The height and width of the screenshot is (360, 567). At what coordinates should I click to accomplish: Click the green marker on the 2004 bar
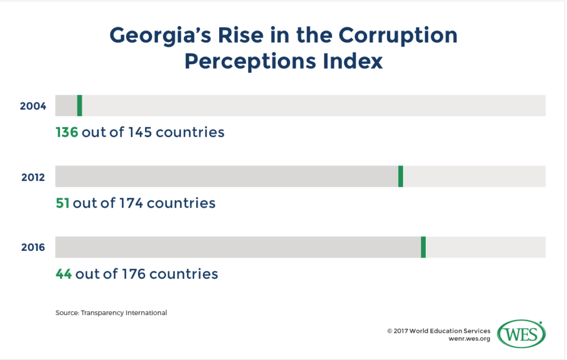point(80,105)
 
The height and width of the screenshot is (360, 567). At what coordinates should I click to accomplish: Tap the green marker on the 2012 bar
point(400,176)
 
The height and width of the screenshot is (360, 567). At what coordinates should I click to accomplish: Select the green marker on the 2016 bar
point(423,247)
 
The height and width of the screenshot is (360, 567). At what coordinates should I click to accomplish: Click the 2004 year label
point(33,106)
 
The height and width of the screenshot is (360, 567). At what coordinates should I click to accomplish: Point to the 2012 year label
point(33,177)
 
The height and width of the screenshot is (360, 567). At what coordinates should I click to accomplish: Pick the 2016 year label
point(33,248)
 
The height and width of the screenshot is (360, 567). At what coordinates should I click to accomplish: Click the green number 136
point(66,132)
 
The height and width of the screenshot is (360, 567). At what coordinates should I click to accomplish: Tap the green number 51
point(62,203)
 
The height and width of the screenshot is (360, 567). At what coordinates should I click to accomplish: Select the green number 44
point(64,274)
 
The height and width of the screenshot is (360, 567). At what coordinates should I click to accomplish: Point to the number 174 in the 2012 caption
point(130,203)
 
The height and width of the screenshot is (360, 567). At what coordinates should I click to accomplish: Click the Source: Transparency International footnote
point(111,313)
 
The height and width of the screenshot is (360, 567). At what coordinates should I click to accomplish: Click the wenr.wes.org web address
point(470,339)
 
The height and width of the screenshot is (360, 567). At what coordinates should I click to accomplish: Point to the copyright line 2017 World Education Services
point(439,331)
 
